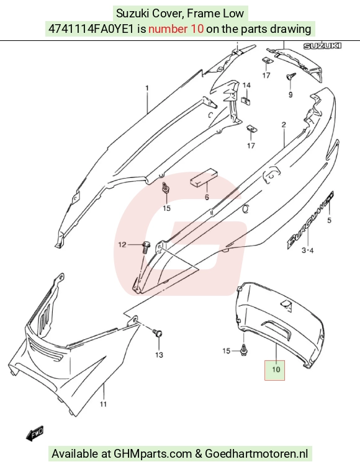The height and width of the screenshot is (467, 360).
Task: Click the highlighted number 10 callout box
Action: point(275,370)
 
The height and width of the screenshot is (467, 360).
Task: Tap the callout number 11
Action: point(103,404)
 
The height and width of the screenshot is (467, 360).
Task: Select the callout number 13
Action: point(159,355)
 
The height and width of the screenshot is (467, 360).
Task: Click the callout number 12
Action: point(122,245)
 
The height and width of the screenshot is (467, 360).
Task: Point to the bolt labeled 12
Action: point(146,247)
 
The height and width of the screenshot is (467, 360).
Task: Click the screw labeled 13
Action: point(158,332)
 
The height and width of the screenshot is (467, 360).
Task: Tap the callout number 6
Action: point(207,197)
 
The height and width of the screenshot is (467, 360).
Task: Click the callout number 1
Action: point(147,88)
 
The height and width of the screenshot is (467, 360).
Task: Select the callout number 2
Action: point(284,125)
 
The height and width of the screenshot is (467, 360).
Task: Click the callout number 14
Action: point(246,86)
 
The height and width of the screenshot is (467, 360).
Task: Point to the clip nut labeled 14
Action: point(246,100)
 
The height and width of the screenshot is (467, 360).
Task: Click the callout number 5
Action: point(330,220)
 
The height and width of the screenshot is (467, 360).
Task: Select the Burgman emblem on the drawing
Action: point(310,220)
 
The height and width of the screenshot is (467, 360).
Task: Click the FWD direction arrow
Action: point(35,433)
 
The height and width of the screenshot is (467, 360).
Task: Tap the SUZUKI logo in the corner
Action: point(322,46)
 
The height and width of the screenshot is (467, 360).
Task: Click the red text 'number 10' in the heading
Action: point(176,29)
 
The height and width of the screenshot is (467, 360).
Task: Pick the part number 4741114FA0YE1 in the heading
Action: point(91,29)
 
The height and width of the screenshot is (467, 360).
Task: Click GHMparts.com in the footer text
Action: point(153,454)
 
